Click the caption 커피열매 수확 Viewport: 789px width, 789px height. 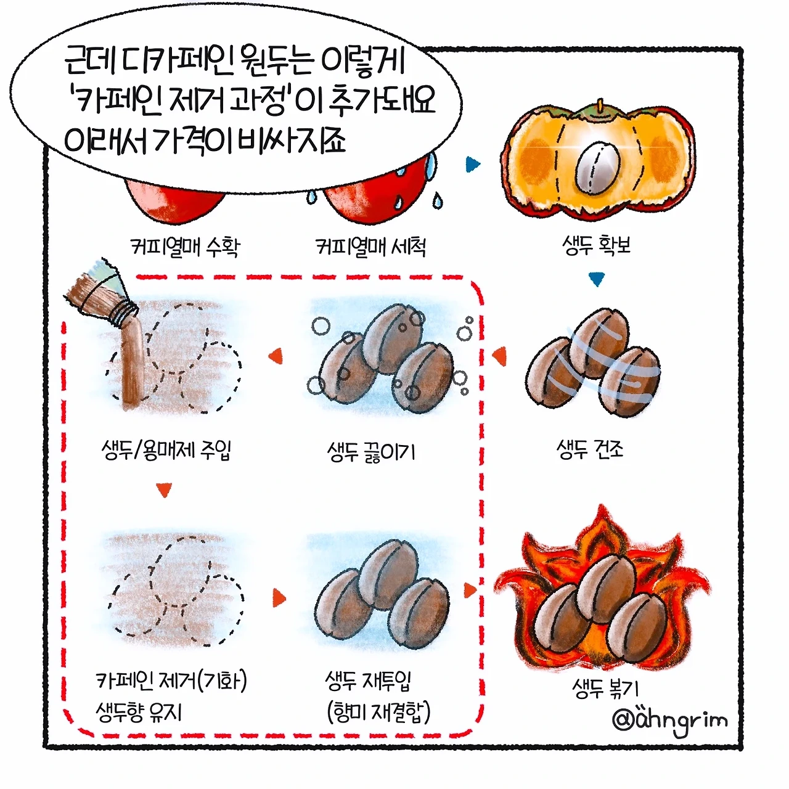185,247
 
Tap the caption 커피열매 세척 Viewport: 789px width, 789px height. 371,247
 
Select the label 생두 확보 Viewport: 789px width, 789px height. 596,245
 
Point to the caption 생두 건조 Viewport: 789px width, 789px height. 590,449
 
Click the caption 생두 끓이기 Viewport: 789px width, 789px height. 371,452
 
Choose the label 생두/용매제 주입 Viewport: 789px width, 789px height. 166,449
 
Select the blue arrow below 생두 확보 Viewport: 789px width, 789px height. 597,280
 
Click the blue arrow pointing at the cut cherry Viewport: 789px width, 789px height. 473,164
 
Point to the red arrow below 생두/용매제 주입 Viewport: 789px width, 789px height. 164,489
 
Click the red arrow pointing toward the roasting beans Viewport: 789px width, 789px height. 470,590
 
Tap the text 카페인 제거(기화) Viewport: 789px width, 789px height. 171,681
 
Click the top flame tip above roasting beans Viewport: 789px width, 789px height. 601,507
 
